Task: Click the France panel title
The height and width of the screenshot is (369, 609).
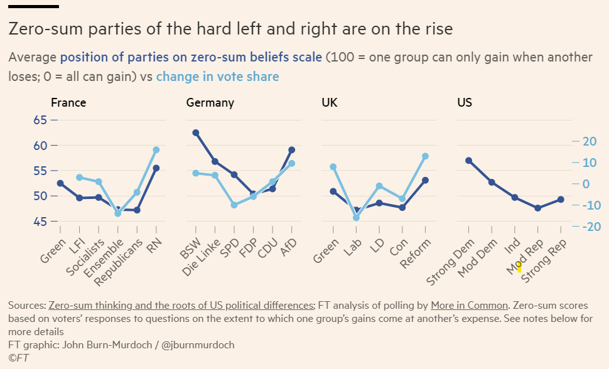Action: [x=68, y=103]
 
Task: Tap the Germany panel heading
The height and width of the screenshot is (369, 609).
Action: [x=210, y=103]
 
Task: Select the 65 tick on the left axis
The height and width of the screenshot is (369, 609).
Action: [x=40, y=120]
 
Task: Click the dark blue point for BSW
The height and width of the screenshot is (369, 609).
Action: [x=196, y=133]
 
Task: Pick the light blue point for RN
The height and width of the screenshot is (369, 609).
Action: [x=156, y=150]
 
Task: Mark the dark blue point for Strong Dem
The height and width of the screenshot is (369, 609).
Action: [x=468, y=161]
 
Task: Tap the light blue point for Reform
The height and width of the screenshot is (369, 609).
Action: [x=425, y=156]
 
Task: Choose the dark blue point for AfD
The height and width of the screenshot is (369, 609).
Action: [x=292, y=150]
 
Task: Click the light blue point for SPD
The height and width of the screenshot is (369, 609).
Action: [x=234, y=205]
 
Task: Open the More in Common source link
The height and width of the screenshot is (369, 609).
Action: [x=469, y=306]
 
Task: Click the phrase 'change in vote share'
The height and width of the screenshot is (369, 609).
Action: [x=217, y=77]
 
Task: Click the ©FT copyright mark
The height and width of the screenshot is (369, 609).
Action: [x=19, y=357]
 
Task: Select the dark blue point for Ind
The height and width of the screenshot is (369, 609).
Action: [x=515, y=198]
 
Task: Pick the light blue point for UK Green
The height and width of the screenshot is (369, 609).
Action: [x=333, y=167]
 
